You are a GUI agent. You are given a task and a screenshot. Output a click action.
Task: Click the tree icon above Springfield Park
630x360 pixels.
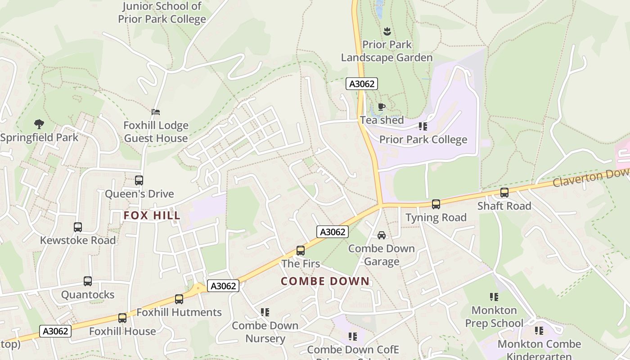(39, 124)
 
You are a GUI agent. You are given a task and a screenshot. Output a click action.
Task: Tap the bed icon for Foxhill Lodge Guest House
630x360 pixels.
(156, 112)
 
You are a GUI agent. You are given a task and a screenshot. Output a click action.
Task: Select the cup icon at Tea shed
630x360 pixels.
(382, 107)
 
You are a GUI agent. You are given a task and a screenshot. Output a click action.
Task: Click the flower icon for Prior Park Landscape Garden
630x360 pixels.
(387, 31)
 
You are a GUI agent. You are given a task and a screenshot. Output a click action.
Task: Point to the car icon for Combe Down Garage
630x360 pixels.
(382, 235)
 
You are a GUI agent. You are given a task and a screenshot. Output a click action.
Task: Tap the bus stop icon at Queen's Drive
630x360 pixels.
(139, 180)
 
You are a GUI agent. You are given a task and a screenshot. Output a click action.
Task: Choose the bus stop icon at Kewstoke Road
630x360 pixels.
(78, 227)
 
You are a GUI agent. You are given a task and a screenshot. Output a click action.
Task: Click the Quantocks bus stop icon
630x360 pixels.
(88, 281)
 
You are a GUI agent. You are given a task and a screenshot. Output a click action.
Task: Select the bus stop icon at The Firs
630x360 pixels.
(301, 251)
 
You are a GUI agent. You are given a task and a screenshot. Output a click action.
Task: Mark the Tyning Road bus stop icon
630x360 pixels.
(436, 204)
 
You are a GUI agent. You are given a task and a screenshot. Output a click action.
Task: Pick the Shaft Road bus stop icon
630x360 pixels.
(504, 193)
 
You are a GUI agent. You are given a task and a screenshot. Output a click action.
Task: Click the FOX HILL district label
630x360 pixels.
(152, 216)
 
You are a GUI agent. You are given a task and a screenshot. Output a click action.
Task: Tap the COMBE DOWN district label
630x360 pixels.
(325, 281)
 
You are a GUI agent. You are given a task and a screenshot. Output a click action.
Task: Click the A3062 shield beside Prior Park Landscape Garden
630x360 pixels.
(362, 84)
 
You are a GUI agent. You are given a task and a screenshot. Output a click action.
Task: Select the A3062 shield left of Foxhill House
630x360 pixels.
(56, 331)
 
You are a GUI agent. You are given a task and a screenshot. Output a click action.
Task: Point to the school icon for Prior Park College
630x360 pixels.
(423, 126)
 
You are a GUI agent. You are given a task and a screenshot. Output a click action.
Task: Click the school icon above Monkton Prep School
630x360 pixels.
(494, 297)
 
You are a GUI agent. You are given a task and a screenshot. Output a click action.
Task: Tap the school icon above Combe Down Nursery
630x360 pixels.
(265, 312)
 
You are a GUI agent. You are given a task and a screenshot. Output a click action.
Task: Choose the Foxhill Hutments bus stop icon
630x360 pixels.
(179, 299)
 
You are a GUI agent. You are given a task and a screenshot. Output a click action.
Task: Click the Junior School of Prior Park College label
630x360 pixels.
(162, 13)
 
